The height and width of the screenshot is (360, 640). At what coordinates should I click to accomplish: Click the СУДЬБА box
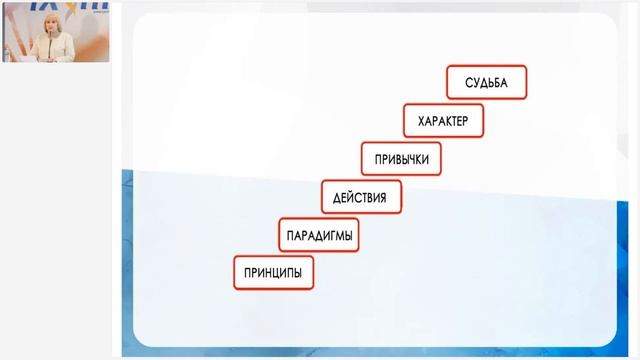[x=487, y=83]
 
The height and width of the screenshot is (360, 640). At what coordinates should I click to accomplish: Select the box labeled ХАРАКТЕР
[x=443, y=122]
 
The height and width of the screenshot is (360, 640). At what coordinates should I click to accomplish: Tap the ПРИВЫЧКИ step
[x=401, y=159]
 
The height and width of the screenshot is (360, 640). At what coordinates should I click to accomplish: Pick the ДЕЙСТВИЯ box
[x=360, y=197]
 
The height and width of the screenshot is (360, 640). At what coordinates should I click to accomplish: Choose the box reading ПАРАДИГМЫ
[x=318, y=235]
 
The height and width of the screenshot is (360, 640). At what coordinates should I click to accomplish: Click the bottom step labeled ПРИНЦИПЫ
[x=274, y=272]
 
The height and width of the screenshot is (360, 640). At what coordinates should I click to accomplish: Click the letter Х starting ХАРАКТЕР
[x=419, y=122]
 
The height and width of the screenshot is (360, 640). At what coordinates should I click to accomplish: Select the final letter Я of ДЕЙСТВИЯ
[x=383, y=197]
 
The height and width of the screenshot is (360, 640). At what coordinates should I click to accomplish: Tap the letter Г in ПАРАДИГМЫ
[x=329, y=235]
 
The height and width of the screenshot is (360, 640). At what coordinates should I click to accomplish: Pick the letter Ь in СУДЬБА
[x=491, y=83]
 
